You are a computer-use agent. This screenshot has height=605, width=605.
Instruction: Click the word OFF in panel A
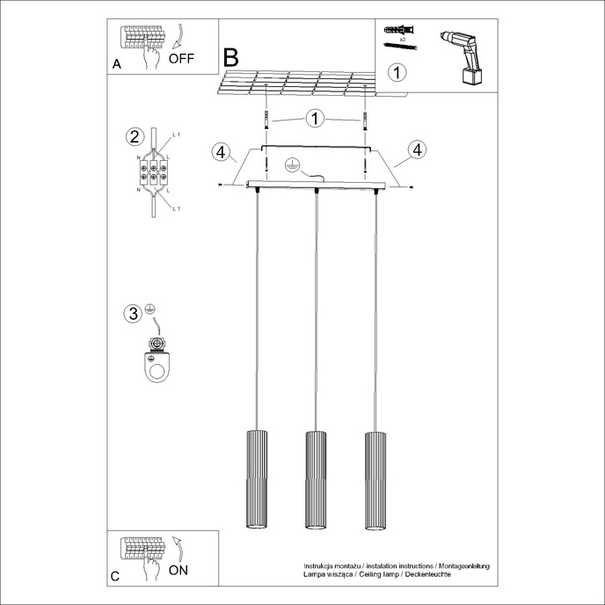pos(181,59)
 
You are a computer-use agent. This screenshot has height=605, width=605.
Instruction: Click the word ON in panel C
pos(178,570)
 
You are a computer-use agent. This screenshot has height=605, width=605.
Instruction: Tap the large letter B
pos(231,59)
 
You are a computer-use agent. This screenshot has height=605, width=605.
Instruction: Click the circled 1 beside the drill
pos(397,72)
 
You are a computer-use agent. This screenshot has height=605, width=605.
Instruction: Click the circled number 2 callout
pos(135,136)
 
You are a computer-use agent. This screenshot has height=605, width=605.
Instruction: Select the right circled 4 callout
pos(417,150)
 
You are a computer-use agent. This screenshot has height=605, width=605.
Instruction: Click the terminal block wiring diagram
pos(154,171)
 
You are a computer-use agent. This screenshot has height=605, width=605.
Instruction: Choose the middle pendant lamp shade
pos(315,480)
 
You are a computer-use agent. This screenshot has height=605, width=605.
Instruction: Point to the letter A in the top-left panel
pos(117,65)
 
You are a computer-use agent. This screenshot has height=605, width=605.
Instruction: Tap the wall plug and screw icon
pos(398,36)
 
